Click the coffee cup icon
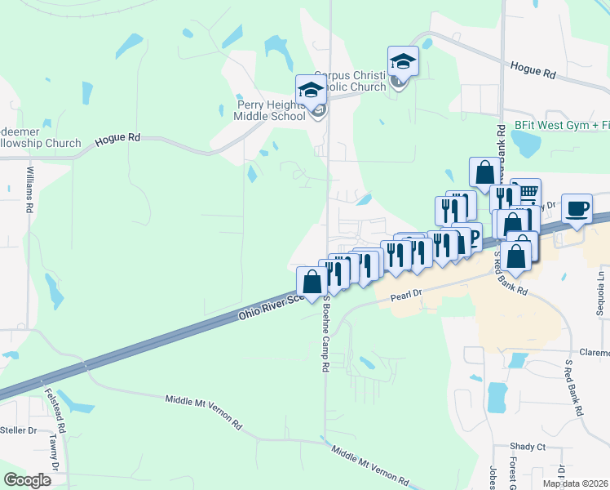pyautogui.click(x=577, y=208)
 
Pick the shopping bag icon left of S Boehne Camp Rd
pyautogui.click(x=312, y=282)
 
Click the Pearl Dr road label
pyautogui.click(x=405, y=292)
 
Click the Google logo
pyautogui.click(x=28, y=480)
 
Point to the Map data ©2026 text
pyautogui.click(x=574, y=483)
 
